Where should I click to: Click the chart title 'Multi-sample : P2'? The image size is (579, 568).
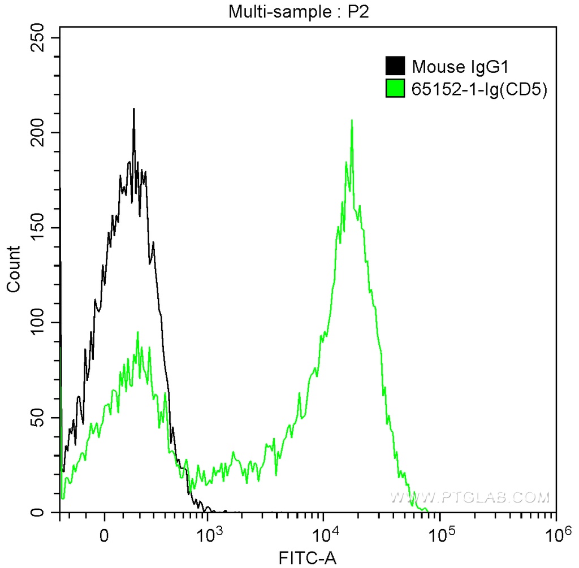[x=298, y=12]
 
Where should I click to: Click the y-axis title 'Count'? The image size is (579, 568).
[x=13, y=269]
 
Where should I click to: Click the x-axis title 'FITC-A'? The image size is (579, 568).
[x=308, y=558]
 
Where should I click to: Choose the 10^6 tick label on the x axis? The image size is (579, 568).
[x=555, y=532]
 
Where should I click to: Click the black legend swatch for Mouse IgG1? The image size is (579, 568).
[x=395, y=66]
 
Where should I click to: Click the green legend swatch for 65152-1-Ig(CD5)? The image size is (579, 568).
[x=395, y=89]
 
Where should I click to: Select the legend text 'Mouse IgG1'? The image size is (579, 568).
[x=461, y=67]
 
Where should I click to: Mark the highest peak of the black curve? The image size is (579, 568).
[x=133, y=109]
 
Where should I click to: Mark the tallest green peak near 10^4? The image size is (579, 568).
[x=352, y=120]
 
